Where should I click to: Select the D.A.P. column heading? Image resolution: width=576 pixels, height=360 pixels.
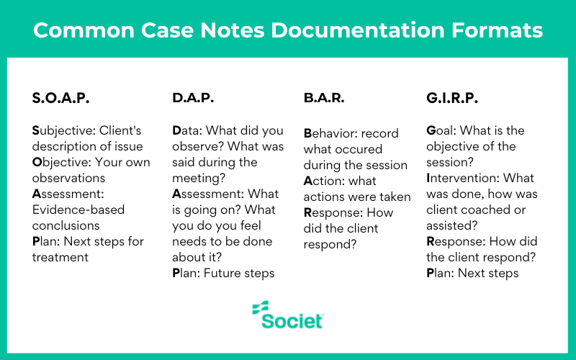[x=193, y=99]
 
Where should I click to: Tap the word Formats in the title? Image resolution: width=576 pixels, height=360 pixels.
[x=501, y=31]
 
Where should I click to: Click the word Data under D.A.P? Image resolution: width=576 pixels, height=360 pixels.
[x=187, y=131]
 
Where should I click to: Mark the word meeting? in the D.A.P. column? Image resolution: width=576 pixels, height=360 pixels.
[x=199, y=178]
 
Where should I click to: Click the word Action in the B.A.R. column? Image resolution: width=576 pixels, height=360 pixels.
[x=322, y=181]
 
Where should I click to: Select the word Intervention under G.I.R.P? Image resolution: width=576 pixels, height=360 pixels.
[x=462, y=178]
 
